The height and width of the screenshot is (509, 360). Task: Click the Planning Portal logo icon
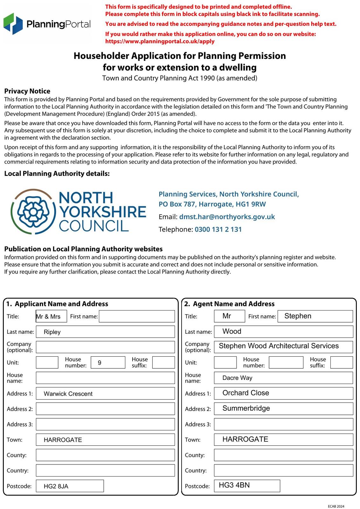(x=13, y=24)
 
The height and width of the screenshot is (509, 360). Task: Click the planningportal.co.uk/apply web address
(x=160, y=41)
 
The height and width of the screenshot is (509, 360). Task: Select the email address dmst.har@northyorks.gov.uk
(x=227, y=217)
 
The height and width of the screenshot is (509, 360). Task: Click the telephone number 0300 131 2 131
(x=218, y=229)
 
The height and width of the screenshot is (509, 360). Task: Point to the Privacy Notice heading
(x=27, y=91)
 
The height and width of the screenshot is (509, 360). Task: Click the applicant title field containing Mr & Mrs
(x=51, y=316)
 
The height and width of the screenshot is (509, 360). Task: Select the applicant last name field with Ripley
(x=105, y=332)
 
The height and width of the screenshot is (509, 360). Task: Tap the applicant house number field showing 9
(x=107, y=363)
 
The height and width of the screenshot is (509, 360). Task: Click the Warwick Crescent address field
(x=105, y=394)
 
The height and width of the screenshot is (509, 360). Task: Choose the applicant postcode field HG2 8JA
(x=70, y=486)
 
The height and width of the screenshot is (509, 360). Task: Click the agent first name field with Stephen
(x=315, y=316)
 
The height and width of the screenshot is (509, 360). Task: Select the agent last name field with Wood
(x=283, y=331)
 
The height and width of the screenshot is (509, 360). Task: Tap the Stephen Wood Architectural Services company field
(x=283, y=347)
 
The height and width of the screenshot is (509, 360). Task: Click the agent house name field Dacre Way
(x=283, y=378)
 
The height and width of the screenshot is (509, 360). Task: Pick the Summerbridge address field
(x=283, y=408)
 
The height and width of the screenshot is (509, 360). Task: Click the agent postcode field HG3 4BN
(x=247, y=485)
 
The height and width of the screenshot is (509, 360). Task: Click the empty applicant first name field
(x=137, y=316)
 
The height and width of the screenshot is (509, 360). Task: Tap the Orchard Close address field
(x=283, y=393)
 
